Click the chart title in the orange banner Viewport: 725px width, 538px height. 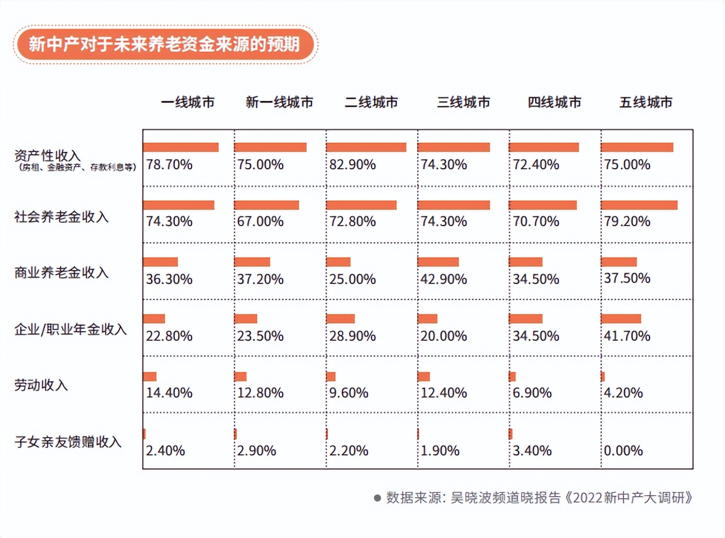click(165, 44)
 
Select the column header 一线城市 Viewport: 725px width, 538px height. click(188, 102)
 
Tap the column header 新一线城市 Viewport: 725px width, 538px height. click(279, 102)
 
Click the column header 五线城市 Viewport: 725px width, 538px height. click(646, 102)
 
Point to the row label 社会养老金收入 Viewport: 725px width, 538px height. click(61, 216)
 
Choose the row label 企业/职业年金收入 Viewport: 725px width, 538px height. click(70, 329)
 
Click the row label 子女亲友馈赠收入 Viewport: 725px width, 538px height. click(68, 442)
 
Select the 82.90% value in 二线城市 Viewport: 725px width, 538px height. click(352, 165)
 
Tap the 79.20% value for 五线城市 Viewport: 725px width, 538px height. click(627, 221)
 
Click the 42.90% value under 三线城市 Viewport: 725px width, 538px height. click(443, 279)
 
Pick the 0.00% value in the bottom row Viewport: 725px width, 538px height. click(623, 451)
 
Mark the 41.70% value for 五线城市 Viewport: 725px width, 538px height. click(627, 336)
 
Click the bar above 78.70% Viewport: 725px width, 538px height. click(181, 147)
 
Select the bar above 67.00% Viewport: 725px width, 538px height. click(267, 205)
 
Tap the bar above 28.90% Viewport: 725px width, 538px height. click(341, 318)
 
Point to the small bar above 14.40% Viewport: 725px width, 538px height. click(150, 376)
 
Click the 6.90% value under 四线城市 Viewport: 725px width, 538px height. click(532, 393)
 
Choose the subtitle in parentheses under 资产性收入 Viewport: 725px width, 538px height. click(77, 167)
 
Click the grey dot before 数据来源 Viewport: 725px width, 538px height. click(378, 498)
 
